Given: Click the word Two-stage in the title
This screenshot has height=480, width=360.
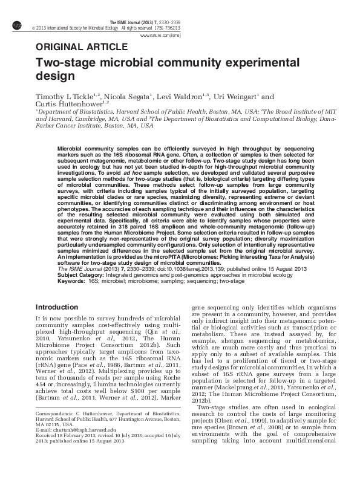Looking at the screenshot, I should tap(66, 63).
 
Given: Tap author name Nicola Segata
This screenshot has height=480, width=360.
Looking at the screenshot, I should tap(131, 97).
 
